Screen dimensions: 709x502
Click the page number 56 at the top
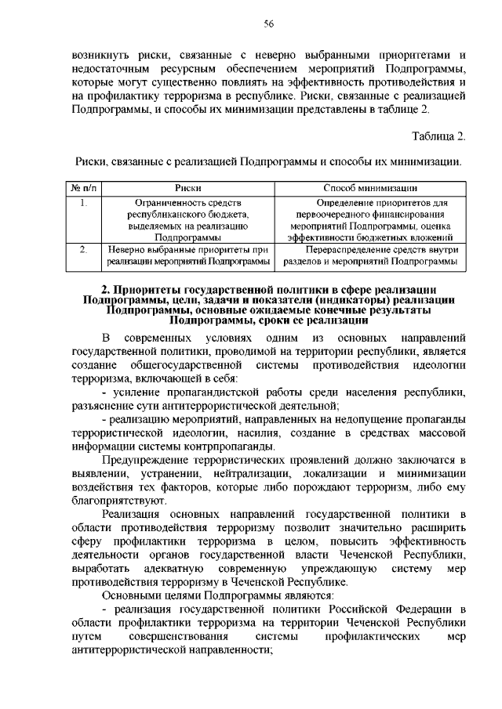[267, 24]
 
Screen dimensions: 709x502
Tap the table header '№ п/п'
[83, 189]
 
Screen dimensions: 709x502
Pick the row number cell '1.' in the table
[83, 202]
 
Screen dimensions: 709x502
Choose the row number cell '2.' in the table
[83, 249]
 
